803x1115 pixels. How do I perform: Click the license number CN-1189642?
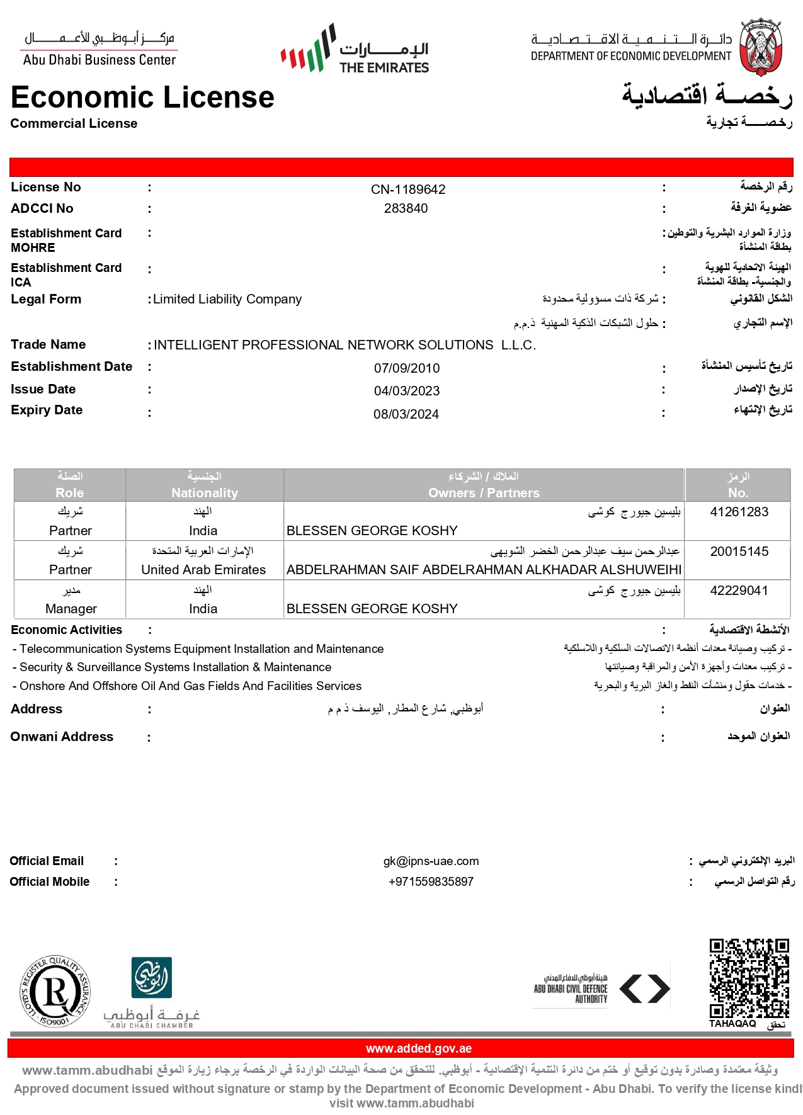coord(408,190)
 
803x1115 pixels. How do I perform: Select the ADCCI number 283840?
coord(406,208)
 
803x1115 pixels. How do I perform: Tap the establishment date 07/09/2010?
coord(407,368)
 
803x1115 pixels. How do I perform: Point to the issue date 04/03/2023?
coord(407,391)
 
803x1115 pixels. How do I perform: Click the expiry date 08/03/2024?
coord(406,414)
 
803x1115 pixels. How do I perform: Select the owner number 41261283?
coord(739,512)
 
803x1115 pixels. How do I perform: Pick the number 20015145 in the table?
coord(739,552)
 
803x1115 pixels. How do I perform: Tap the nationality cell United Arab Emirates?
coord(203,570)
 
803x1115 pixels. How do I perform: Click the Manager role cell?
coord(71,609)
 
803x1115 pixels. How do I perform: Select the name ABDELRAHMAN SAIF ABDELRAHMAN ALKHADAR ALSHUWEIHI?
coord(484,570)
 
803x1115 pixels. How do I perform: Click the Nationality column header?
coord(205,493)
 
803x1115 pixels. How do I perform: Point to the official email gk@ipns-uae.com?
coord(431,861)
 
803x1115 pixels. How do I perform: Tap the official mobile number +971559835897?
coord(431,882)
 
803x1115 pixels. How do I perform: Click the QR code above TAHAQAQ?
coord(749,978)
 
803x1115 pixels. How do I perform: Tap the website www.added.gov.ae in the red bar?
coord(419,1048)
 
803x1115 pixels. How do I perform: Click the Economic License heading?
coord(142,98)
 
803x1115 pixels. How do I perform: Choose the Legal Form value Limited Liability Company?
coord(227,300)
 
